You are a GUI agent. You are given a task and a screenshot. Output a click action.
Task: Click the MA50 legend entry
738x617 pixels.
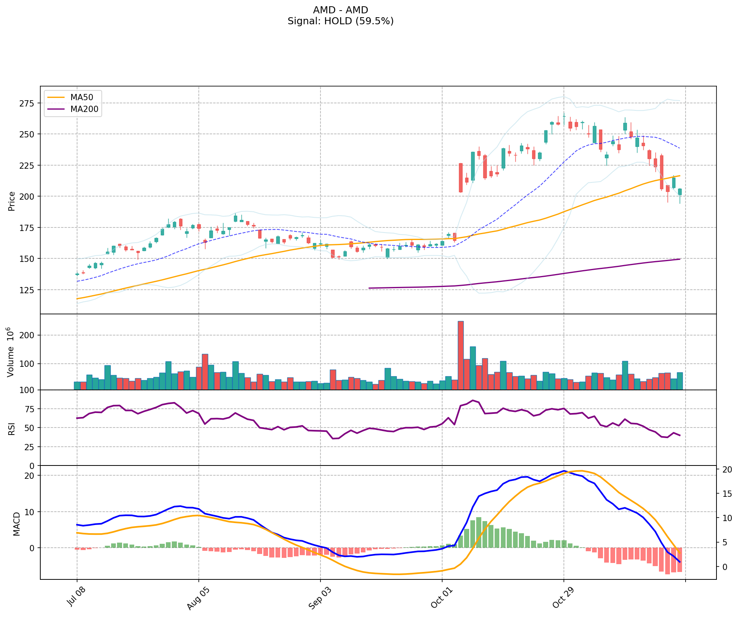tap(81, 97)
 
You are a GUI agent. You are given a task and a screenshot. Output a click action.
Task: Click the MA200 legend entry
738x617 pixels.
tap(84, 109)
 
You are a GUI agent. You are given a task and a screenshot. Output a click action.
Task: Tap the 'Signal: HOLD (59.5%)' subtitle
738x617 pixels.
tap(340, 21)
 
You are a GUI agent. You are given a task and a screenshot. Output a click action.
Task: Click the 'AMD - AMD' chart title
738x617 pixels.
tap(340, 10)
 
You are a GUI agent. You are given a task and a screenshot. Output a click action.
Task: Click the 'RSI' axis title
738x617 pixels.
tap(12, 428)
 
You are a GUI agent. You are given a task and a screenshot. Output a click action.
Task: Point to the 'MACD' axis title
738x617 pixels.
tap(16, 524)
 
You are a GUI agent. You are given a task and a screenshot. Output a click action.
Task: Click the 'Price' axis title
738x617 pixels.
tap(12, 201)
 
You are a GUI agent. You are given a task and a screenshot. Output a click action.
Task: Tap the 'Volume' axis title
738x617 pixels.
tap(11, 352)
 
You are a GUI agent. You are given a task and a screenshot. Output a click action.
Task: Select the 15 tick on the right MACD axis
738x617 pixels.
tap(727, 494)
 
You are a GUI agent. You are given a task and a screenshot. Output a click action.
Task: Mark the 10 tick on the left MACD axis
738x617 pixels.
tap(30, 512)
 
